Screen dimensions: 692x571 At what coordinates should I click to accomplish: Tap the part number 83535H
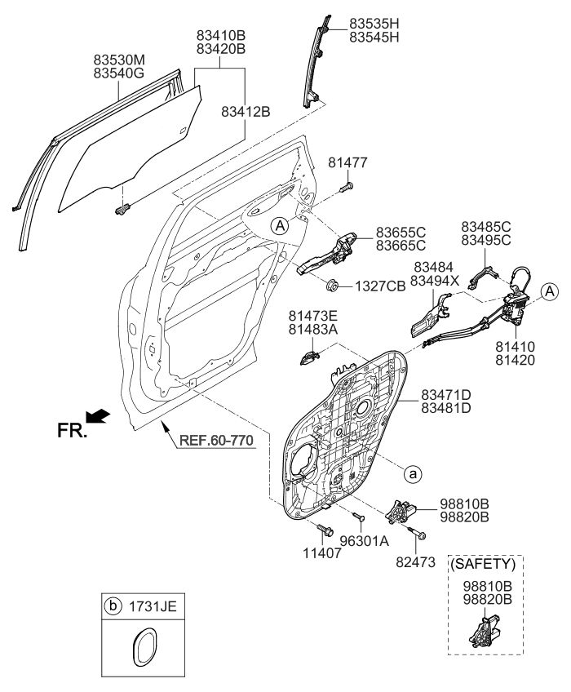coord(374,22)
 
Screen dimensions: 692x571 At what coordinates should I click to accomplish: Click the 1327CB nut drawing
coord(334,286)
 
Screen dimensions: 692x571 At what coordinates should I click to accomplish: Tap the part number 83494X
coord(436,281)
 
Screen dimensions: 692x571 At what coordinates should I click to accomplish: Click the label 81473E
coord(312,316)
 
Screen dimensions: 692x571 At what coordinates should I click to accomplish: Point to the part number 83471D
coord(446,393)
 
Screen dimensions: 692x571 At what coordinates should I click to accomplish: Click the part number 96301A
coord(363,540)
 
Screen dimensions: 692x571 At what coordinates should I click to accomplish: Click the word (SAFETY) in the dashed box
coord(484,563)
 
